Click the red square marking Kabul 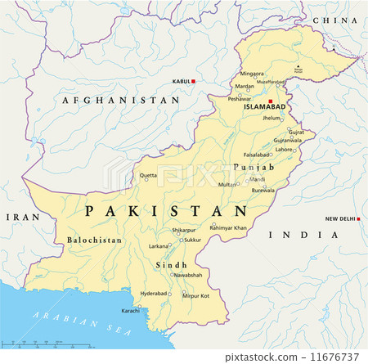click(x=195, y=81)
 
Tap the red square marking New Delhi click(x=360, y=218)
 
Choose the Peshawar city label click(x=240, y=98)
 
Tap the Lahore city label click(x=284, y=149)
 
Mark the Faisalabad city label click(x=257, y=154)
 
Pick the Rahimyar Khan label click(x=228, y=227)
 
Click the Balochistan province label click(x=91, y=240)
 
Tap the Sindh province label click(x=170, y=265)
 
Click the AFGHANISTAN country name click(x=122, y=99)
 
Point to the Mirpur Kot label click(x=195, y=294)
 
